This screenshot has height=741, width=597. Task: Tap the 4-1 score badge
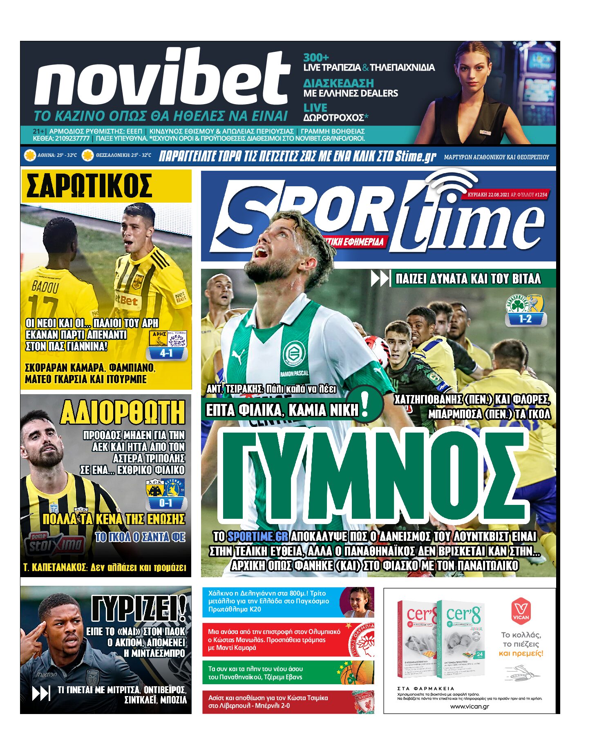click(166, 353)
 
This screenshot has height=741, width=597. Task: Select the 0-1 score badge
click(165, 503)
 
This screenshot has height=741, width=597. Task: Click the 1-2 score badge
click(525, 319)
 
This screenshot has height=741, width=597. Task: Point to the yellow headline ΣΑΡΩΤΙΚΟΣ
click(89, 186)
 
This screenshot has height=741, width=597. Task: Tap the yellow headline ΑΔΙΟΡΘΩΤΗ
click(123, 413)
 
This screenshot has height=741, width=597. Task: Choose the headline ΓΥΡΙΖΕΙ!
click(139, 609)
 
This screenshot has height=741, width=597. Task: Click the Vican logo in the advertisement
click(521, 611)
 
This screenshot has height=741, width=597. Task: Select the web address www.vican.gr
click(470, 706)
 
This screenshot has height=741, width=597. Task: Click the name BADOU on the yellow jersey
click(45, 287)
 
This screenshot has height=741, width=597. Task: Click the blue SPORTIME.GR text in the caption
click(257, 536)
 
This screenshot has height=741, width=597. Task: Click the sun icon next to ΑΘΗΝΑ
click(29, 156)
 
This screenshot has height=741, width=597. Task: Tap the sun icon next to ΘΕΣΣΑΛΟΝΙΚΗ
click(87, 156)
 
